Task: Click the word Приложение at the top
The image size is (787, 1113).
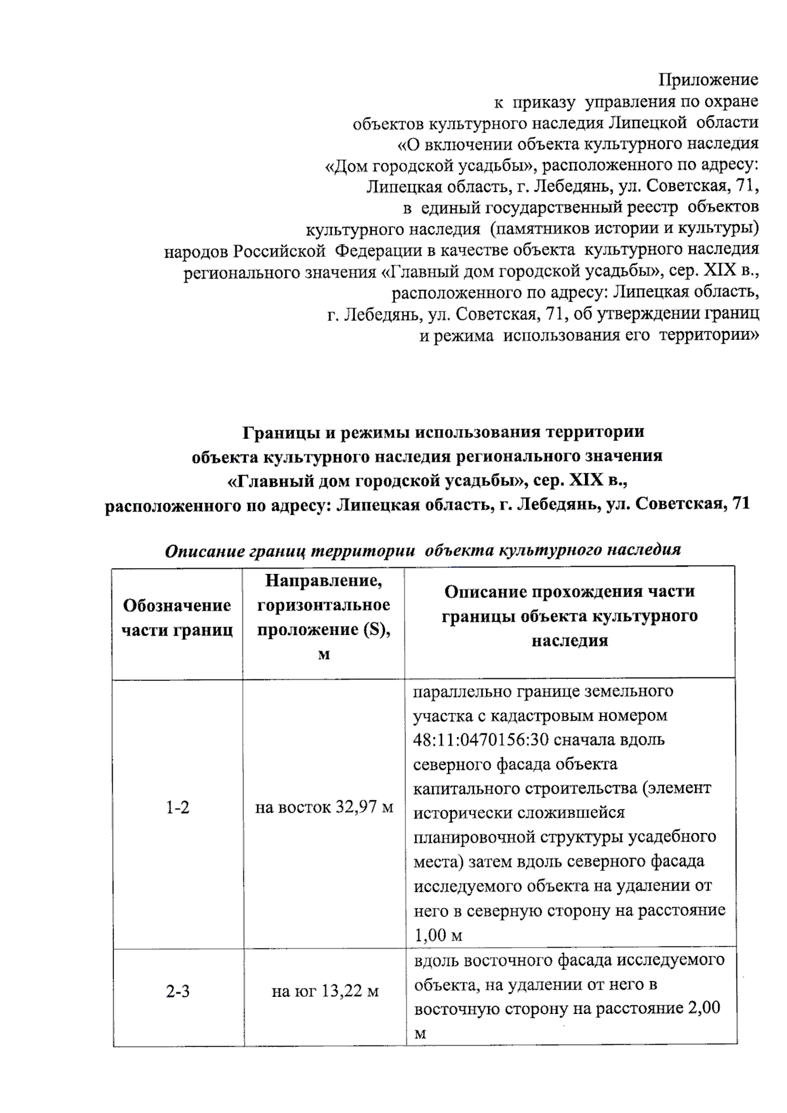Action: pos(708,80)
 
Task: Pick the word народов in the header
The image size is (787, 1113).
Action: pos(197,251)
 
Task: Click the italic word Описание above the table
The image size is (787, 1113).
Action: pos(205,550)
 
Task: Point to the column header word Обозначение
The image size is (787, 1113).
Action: pos(177,605)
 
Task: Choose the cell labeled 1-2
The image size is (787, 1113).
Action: pos(177,807)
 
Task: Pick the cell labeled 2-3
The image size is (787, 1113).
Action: pos(177,991)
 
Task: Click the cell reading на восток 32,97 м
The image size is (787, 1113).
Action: pos(324,807)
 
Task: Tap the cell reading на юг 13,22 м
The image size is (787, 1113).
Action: pos(325,991)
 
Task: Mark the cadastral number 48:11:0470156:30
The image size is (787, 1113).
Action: pos(481,740)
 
